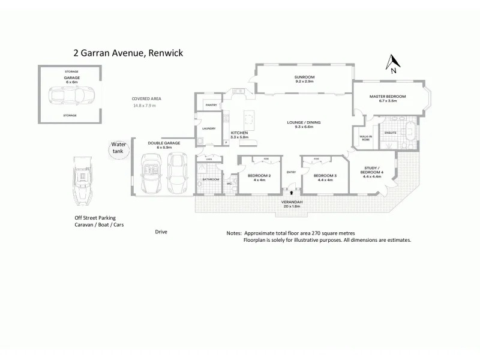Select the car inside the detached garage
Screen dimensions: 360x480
tap(71, 97)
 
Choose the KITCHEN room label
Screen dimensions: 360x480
tap(240, 134)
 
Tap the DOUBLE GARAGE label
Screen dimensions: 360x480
tap(164, 145)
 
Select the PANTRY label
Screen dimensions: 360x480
tap(211, 105)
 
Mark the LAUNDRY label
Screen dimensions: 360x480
tap(209, 128)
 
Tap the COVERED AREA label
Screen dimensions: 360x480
tap(146, 98)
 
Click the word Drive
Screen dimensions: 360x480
tap(161, 231)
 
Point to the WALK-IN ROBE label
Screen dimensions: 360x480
tap(365, 139)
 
